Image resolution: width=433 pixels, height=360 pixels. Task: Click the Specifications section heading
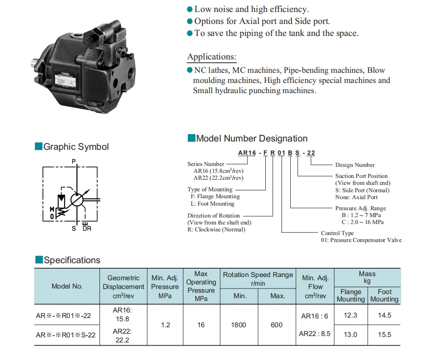pyautogui.click(x=72, y=260)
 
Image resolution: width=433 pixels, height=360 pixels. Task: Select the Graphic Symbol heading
pyautogui.click(x=76, y=147)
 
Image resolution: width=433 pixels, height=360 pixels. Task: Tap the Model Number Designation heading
pyautogui.click(x=252, y=138)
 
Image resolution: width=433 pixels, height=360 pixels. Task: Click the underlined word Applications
pyautogui.click(x=211, y=57)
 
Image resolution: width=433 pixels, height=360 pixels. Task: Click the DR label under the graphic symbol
pyautogui.click(x=87, y=229)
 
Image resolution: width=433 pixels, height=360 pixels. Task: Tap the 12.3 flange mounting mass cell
pyautogui.click(x=351, y=315)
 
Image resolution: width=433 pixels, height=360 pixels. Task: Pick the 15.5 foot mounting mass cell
pyautogui.click(x=384, y=334)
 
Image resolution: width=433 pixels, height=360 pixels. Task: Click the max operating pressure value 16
pyautogui.click(x=201, y=325)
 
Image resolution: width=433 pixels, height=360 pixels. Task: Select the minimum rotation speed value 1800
pyautogui.click(x=240, y=325)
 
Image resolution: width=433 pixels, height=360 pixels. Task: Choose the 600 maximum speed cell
pyautogui.click(x=277, y=325)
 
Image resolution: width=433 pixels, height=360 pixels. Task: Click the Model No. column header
pyautogui.click(x=67, y=286)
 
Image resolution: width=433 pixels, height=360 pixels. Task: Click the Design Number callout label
pyautogui.click(x=355, y=165)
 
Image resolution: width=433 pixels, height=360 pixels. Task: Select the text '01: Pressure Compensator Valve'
pyautogui.click(x=361, y=240)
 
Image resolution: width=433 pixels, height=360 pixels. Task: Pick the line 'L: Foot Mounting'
pyautogui.click(x=212, y=204)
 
